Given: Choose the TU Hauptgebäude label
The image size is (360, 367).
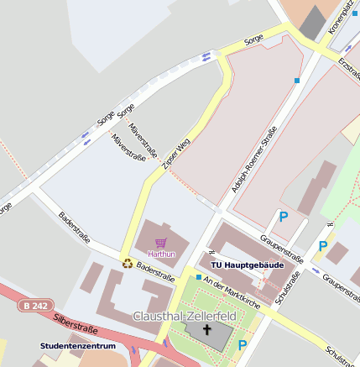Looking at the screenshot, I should click(x=246, y=265).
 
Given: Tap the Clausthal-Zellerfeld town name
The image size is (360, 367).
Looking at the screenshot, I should click(x=185, y=316).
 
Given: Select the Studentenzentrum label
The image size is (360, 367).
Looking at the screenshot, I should click(x=77, y=345).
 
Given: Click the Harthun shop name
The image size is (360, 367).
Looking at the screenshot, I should click(x=161, y=253).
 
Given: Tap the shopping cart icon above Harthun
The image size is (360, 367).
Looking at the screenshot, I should click(x=161, y=242).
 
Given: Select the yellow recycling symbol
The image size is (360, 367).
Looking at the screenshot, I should click(x=127, y=262).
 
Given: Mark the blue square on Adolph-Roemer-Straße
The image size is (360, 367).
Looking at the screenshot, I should click(x=297, y=81).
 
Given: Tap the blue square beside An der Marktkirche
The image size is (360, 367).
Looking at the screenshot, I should click(x=198, y=277).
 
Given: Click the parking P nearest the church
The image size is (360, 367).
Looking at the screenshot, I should click(x=243, y=344).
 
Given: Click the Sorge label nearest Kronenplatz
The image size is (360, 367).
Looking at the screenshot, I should click(x=253, y=39).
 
